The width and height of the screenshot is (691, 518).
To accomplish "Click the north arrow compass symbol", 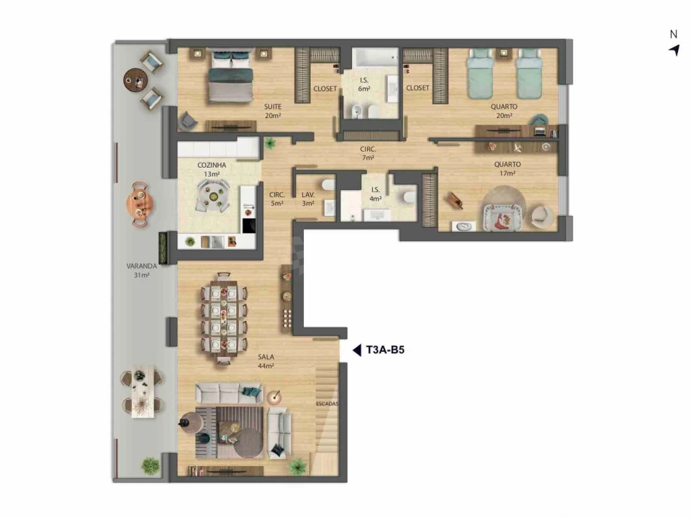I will [x=674, y=49].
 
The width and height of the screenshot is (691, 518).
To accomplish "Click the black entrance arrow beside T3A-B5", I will [x=356, y=351].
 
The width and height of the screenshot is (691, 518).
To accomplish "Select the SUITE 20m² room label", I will [x=273, y=111].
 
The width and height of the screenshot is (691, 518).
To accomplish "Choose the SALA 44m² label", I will [x=268, y=361].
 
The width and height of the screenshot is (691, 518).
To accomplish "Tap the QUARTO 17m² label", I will [x=507, y=168].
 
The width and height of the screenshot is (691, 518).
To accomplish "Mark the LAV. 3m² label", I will [x=308, y=199].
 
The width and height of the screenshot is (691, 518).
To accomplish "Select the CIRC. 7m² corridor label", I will [x=368, y=153].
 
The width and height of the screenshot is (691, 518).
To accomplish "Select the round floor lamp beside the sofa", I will [x=274, y=397].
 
